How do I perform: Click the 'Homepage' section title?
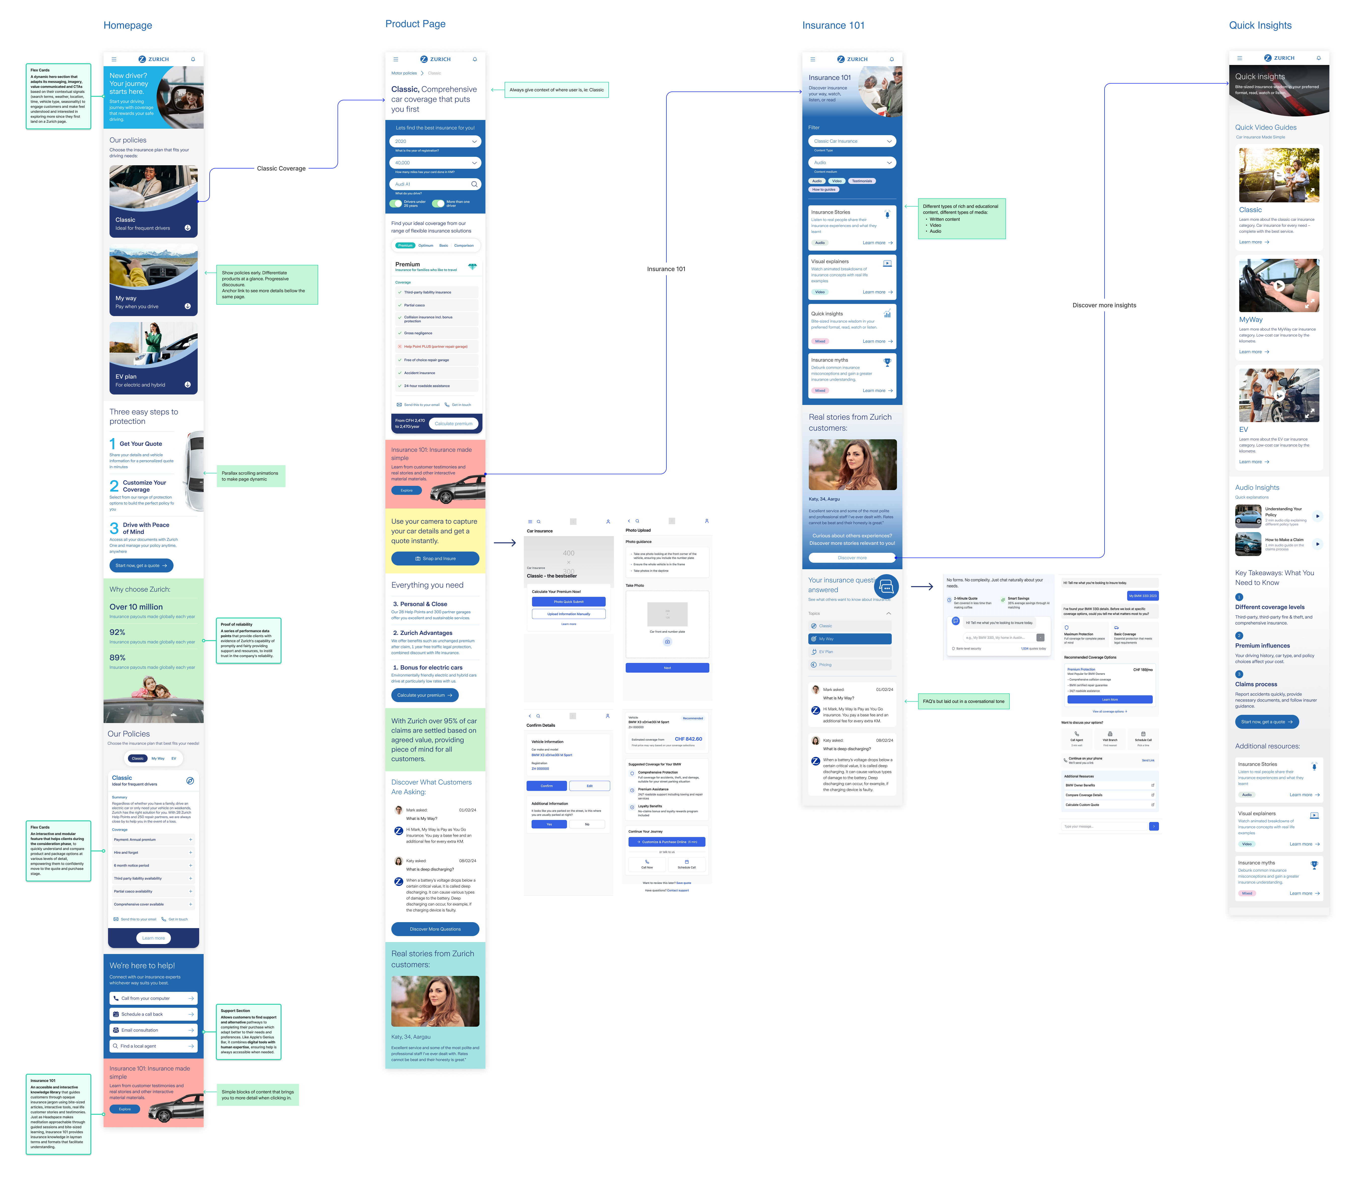[127, 26]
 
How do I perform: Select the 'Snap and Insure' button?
[435, 558]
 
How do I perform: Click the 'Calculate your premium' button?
[424, 695]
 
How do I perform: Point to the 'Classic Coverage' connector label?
[281, 169]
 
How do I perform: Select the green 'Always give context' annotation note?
[556, 90]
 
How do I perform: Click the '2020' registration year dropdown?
[435, 141]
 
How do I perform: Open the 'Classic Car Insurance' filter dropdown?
[852, 141]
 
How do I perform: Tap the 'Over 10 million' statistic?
[136, 607]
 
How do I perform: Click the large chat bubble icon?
[886, 587]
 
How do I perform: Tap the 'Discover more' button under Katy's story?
[852, 558]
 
